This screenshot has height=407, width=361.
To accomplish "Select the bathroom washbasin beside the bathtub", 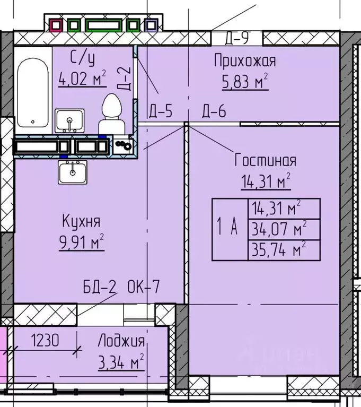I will click(68, 120).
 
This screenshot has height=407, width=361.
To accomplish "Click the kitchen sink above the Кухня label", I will click(72, 172).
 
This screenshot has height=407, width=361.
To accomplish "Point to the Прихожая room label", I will click(244, 61).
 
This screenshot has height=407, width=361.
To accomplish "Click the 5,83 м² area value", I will click(244, 82).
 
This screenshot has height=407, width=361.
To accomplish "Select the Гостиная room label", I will click(266, 160).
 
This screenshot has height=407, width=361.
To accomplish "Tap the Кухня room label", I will click(81, 221).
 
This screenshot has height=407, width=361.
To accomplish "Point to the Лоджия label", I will click(121, 341).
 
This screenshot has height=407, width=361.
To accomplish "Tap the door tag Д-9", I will click(236, 38).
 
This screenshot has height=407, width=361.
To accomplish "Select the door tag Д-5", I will click(161, 111).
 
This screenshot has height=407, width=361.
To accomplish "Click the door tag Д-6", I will click(214, 111).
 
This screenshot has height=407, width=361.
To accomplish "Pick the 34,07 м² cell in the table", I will click(284, 229).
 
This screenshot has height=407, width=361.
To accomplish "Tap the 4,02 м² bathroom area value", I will click(82, 81).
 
